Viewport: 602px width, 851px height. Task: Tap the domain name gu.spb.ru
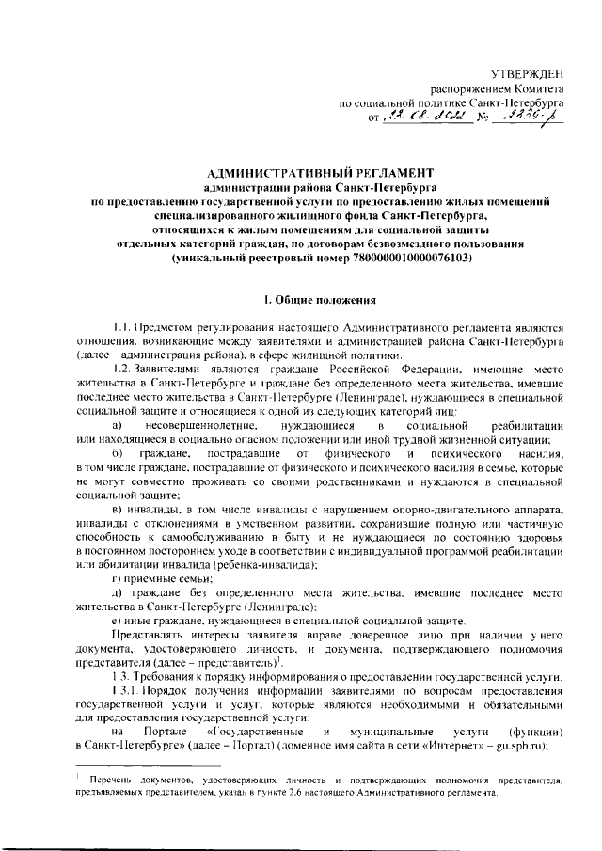pos(538,746)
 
